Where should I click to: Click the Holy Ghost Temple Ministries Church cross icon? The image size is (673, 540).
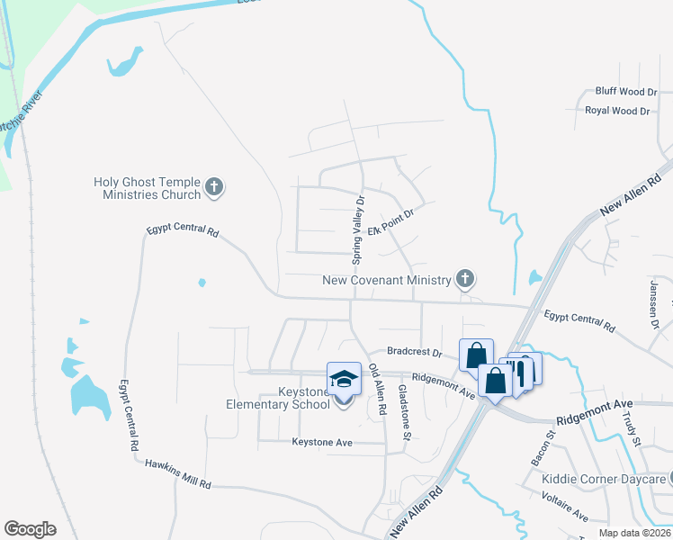coord(214,187)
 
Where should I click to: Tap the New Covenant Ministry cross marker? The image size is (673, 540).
coord(464,279)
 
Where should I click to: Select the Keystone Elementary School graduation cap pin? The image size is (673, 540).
coord(344,380)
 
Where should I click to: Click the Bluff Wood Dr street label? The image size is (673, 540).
coord(626,92)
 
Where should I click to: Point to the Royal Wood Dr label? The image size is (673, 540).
coord(617,111)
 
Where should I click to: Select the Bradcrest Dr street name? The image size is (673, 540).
coord(415,352)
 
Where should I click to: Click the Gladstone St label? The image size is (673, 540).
coord(405,412)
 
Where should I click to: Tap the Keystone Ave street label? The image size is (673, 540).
coord(321,442)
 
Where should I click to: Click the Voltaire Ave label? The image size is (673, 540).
coord(564,513)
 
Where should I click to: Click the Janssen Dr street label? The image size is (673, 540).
coord(654,303)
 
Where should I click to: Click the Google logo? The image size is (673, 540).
coord(30,529)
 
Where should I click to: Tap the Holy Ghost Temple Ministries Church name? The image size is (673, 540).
coord(146,188)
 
